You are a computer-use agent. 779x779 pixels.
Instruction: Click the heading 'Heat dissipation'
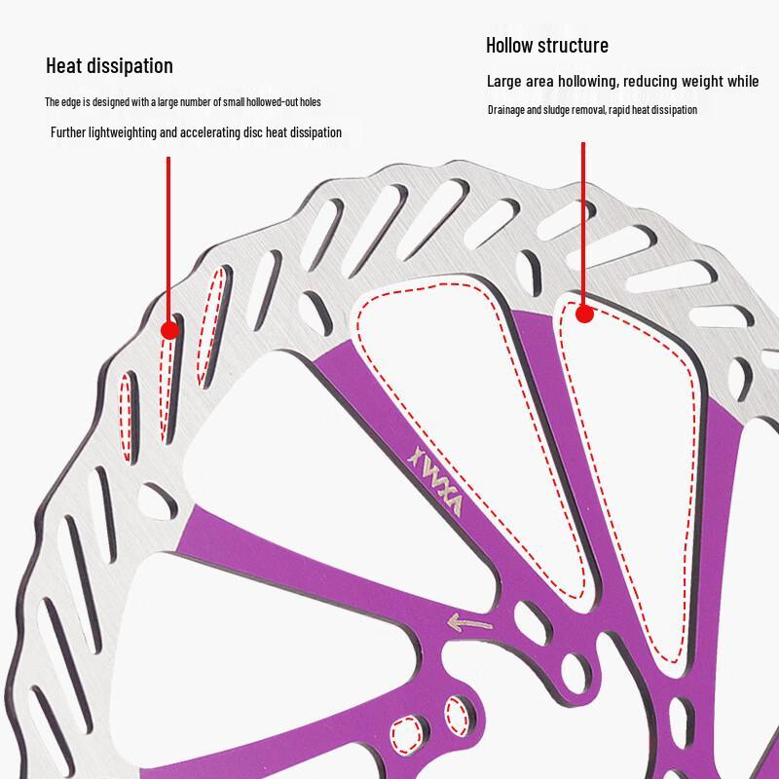coord(109,66)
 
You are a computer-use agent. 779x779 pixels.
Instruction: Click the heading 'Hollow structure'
coord(547,45)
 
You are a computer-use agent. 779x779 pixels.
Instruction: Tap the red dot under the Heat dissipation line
coord(169,330)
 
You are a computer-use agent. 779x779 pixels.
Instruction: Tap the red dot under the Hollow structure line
coord(585,314)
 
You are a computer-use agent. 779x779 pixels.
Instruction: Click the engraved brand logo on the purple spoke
coord(435,480)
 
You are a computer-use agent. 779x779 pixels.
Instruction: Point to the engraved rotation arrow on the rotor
coord(469,622)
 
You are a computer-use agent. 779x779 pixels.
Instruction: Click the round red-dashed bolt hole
coord(407,735)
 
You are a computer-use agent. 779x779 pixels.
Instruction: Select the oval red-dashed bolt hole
coord(456,716)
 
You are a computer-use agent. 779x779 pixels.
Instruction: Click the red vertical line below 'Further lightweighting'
coord(168,240)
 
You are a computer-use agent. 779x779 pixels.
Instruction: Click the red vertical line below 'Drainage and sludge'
coord(583,224)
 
